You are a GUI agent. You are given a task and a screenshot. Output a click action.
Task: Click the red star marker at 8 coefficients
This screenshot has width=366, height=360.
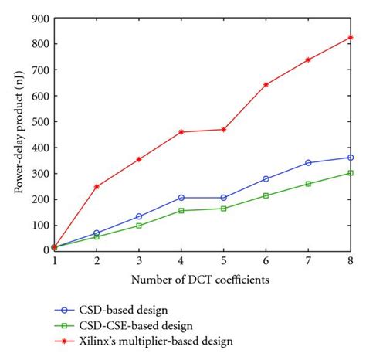[x=351, y=37]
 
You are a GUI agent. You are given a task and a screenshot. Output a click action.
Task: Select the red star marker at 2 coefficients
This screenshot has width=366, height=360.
[x=97, y=186]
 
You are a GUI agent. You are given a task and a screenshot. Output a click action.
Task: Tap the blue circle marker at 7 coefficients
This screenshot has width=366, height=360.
[x=309, y=163]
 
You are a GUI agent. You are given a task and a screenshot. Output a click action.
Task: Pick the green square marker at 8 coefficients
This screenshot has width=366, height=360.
[x=351, y=173]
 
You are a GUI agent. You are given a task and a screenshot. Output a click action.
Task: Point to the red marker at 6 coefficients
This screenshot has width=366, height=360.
[x=266, y=84]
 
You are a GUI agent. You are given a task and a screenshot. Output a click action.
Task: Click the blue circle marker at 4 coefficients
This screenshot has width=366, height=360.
[x=181, y=198]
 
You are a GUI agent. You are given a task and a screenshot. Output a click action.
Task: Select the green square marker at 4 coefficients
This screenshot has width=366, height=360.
[x=181, y=210]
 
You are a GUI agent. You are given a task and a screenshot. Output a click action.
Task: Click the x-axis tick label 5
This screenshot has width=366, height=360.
[x=224, y=261]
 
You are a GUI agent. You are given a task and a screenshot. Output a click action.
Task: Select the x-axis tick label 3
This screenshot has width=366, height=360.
[x=139, y=261]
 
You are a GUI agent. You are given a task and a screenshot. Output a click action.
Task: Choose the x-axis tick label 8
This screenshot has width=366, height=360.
[x=351, y=261]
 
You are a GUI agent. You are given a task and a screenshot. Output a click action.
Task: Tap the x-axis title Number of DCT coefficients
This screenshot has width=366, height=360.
[x=202, y=278]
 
